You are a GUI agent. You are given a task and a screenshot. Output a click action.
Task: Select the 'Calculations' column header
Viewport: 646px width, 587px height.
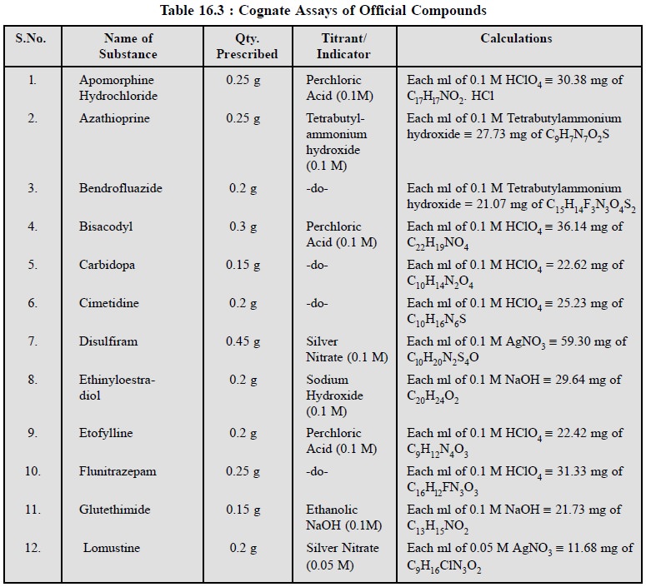(x=515, y=39)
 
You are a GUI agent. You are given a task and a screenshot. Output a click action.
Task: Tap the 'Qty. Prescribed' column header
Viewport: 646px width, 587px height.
(x=247, y=47)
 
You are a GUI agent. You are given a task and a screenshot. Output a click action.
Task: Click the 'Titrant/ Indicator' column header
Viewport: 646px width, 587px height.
(x=343, y=47)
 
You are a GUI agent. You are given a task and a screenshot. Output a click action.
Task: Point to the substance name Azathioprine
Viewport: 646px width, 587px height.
(x=113, y=118)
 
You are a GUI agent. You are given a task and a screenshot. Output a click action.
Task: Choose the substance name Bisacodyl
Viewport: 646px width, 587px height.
(x=106, y=226)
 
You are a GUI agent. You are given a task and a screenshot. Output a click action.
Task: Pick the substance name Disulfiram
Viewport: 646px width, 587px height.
(x=108, y=341)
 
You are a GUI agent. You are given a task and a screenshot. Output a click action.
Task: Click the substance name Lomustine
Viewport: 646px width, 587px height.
(x=111, y=548)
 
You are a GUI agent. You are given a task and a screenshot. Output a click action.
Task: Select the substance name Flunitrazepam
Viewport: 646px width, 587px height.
(x=118, y=471)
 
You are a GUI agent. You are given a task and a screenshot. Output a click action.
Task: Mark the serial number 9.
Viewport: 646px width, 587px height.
(x=32, y=433)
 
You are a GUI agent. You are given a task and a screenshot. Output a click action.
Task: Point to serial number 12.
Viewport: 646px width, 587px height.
(x=32, y=548)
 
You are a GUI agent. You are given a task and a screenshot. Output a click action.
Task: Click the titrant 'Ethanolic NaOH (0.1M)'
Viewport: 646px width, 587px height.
(x=343, y=517)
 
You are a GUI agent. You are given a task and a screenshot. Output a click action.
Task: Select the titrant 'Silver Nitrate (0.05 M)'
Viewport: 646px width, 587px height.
(x=342, y=555)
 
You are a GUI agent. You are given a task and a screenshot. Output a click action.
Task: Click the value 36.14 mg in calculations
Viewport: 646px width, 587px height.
(x=580, y=226)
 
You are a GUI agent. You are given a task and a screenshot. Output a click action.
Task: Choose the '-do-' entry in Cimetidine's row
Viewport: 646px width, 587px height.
(x=317, y=303)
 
